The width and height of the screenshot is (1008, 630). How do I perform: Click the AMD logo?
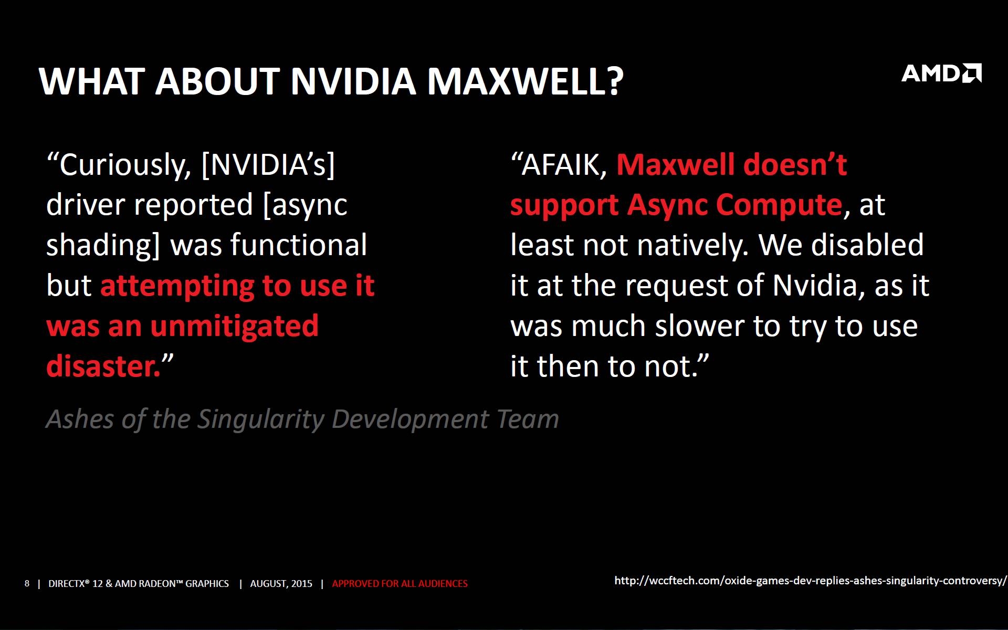941,73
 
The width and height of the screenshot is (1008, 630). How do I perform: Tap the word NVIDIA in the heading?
353,82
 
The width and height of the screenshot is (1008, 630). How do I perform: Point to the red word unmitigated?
234,327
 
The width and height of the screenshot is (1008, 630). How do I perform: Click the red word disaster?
103,366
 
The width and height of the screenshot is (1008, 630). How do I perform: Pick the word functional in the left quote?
299,245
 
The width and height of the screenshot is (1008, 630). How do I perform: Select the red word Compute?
779,205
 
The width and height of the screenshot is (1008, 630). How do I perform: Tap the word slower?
700,326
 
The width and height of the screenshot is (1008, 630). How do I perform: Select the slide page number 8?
27,583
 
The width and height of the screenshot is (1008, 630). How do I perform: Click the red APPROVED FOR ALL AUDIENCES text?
400,584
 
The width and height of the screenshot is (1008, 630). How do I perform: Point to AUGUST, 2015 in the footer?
281,584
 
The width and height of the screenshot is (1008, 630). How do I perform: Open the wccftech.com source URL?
811,581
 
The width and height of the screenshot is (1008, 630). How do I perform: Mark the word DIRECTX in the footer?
68,584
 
